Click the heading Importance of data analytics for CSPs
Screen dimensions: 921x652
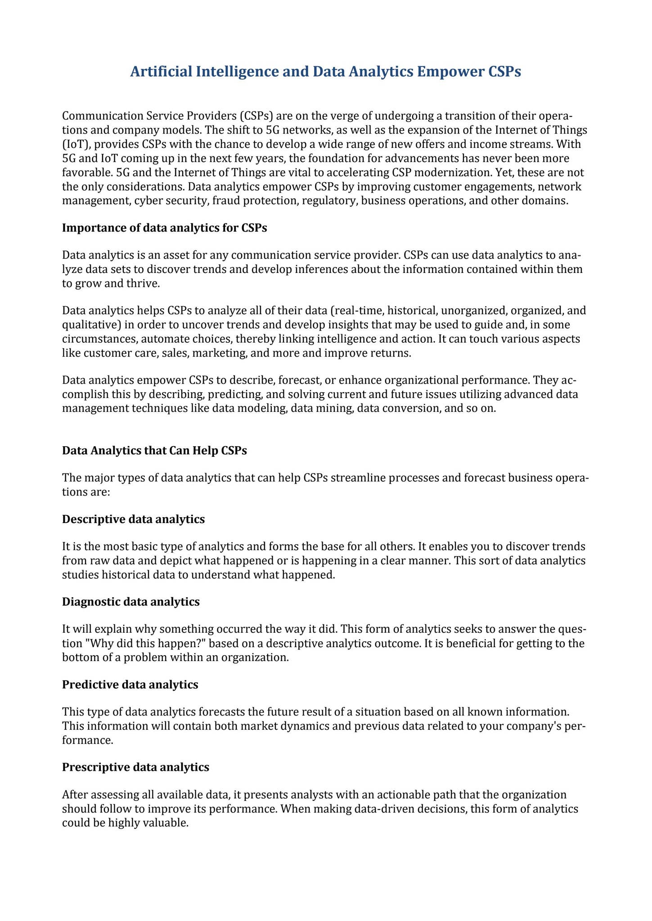click(165, 228)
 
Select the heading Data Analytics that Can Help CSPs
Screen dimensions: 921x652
click(154, 451)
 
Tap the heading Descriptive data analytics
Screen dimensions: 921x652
click(133, 519)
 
